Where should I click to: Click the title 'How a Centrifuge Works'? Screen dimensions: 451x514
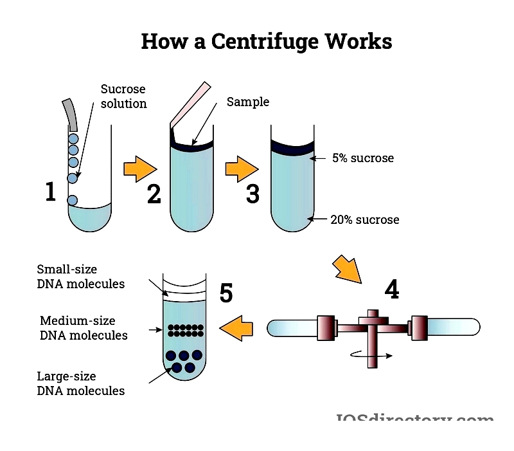tap(266, 42)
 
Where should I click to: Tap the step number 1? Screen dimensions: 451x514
tap(51, 192)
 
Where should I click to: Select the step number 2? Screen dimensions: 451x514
tap(154, 193)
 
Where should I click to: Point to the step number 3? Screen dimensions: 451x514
tap(253, 193)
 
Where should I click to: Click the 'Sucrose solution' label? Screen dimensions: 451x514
tap(123, 96)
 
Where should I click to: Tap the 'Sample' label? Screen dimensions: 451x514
tap(248, 102)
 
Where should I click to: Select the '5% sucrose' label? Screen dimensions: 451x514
tap(362, 158)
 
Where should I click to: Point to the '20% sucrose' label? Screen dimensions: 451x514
tap(364, 220)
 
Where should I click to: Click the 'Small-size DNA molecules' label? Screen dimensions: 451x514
tap(80, 277)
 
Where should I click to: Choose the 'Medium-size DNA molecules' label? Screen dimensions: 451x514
tap(84, 328)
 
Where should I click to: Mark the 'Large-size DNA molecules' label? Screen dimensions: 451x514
tap(80, 383)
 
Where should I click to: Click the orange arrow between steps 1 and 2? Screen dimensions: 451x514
tap(141, 169)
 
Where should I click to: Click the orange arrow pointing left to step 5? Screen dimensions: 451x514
tap(236, 329)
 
